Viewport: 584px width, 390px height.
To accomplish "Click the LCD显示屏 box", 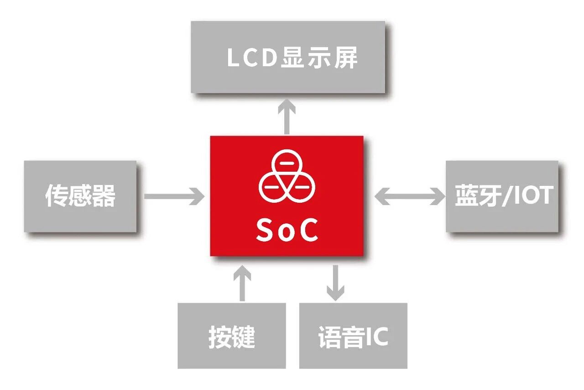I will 288,57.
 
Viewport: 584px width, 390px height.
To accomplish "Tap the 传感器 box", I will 80,196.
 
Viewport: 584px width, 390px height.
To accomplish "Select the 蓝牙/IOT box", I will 502,196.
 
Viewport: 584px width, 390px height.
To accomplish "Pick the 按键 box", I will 231,336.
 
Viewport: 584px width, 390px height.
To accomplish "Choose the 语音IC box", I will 353,336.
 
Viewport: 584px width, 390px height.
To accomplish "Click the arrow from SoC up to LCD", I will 287,116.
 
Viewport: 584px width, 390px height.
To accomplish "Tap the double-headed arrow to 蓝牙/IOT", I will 410,196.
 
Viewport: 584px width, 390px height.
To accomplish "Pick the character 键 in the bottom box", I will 243,337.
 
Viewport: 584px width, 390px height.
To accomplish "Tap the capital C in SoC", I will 307,231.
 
